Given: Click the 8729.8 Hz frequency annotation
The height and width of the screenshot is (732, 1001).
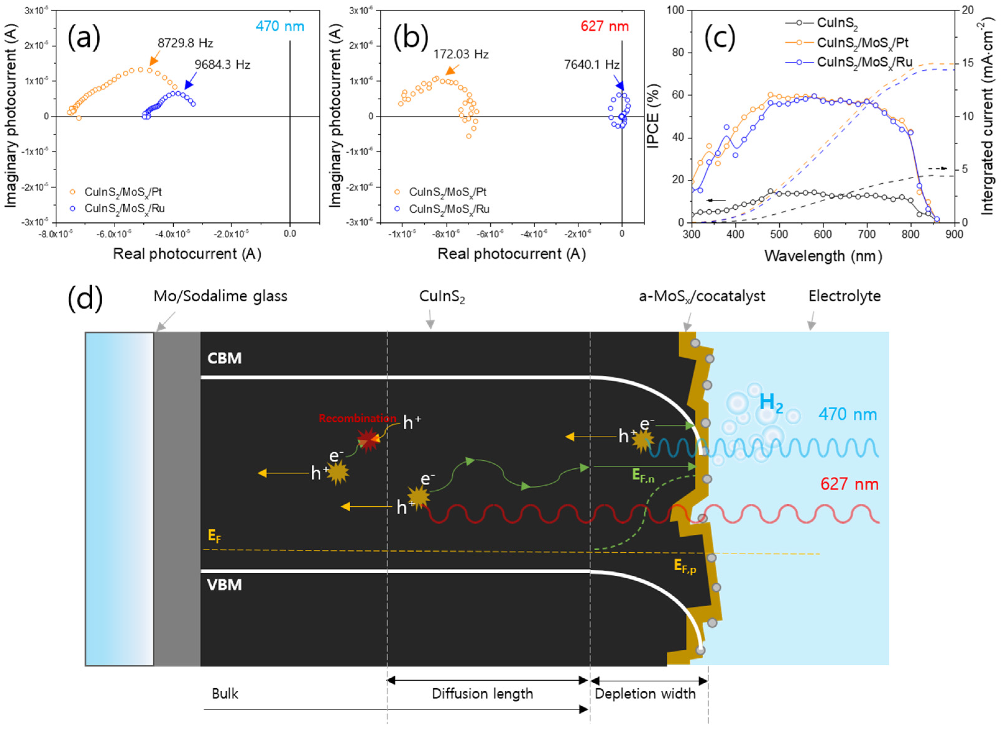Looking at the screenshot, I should tap(185, 43).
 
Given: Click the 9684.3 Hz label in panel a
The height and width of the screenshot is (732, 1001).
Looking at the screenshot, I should tap(222, 65).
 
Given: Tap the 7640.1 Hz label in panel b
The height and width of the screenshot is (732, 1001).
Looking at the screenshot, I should tap(591, 65).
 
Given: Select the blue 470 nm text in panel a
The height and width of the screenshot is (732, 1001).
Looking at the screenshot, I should tap(280, 26).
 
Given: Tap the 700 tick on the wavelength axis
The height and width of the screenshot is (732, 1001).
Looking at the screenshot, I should tap(867, 234).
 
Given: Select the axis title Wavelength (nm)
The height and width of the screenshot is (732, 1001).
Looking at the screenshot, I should tap(823, 256).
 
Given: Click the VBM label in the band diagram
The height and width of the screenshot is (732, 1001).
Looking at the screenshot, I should tap(224, 585).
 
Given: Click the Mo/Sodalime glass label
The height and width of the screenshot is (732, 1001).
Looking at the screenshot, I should tap(220, 296).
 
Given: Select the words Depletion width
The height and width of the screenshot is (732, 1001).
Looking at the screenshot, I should tap(645, 693).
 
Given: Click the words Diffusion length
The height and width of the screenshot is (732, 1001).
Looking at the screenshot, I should tap(482, 693).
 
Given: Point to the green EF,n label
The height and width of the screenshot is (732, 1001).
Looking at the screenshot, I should tap(643, 476).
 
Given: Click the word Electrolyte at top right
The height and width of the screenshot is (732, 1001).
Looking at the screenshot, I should tap(844, 296).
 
